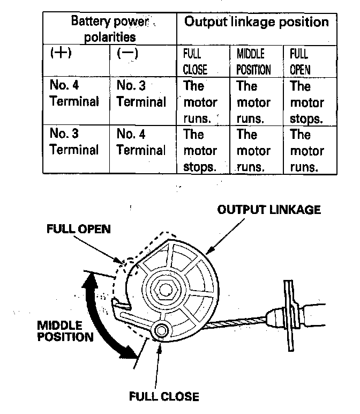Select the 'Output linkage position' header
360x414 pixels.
point(256,23)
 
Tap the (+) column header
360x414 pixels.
point(61,55)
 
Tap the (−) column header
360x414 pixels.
point(127,55)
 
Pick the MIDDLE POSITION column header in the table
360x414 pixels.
point(253,62)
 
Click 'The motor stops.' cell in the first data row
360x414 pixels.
point(307,102)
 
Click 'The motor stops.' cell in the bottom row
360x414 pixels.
point(200,150)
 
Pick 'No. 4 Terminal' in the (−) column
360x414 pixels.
point(141,142)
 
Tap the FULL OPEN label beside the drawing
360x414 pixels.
point(78,230)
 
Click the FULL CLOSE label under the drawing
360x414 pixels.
point(164,397)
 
